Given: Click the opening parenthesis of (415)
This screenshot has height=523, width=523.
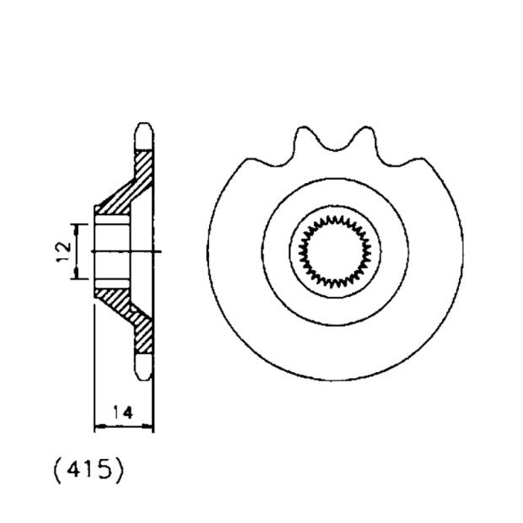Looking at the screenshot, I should tap(57, 470).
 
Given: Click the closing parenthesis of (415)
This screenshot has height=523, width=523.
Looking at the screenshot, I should tap(119, 470).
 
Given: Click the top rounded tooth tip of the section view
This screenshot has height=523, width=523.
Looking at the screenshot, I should tap(144, 132).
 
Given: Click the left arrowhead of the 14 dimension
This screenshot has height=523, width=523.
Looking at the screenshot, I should tap(97, 427).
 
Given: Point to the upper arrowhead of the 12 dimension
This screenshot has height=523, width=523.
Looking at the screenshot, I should tap(78, 229).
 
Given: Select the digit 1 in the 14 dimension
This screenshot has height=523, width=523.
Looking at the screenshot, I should tap(116, 413).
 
